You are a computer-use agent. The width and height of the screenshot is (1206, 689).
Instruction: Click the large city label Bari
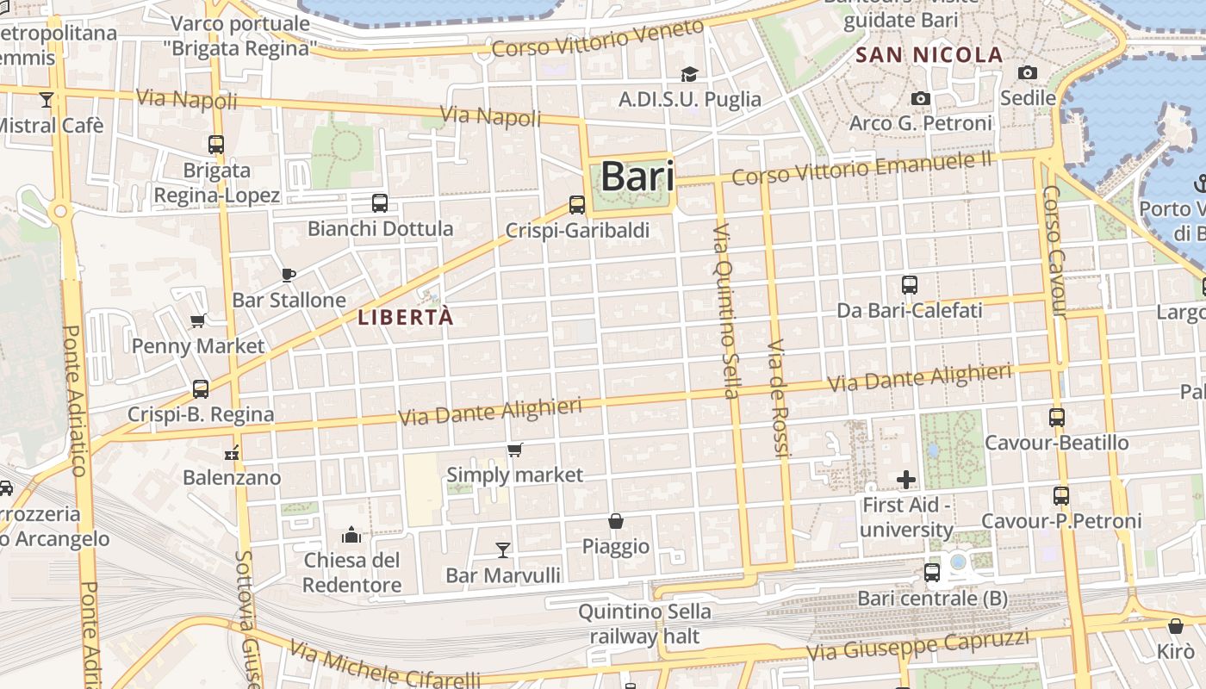click(637, 177)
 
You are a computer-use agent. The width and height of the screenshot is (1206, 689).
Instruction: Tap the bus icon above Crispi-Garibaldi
click(577, 205)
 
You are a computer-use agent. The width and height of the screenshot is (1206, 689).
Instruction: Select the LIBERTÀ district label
click(405, 317)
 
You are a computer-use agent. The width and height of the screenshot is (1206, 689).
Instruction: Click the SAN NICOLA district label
click(929, 56)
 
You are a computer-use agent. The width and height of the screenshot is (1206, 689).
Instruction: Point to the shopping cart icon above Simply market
click(515, 450)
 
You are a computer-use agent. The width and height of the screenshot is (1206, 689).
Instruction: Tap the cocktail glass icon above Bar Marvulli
click(503, 549)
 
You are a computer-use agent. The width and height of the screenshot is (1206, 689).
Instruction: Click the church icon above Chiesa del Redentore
click(351, 536)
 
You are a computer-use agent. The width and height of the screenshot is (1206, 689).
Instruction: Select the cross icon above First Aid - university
click(906, 480)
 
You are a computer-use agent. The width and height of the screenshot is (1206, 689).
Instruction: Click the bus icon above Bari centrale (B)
click(932, 573)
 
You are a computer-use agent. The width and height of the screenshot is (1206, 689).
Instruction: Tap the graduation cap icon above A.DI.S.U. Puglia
click(689, 74)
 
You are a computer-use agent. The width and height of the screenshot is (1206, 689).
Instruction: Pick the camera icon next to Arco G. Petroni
click(921, 99)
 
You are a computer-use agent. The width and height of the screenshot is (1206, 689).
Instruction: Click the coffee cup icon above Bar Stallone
click(289, 276)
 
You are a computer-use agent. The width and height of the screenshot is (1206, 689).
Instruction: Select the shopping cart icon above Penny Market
click(198, 321)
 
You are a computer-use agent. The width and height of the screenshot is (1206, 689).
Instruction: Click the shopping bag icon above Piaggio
click(616, 521)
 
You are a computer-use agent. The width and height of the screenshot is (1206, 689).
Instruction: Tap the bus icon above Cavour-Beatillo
click(1057, 418)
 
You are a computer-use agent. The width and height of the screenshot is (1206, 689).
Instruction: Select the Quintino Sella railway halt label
click(644, 624)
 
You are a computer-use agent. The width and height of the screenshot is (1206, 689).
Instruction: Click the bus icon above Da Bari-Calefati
click(910, 285)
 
